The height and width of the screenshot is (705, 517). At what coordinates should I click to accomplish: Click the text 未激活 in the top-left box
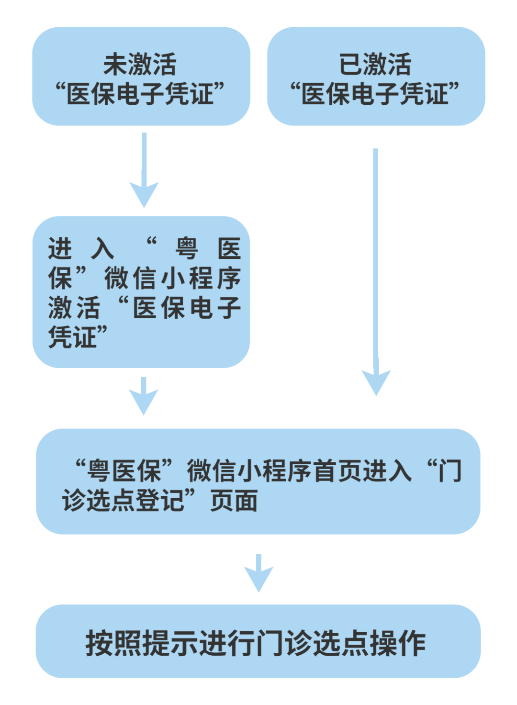(140, 65)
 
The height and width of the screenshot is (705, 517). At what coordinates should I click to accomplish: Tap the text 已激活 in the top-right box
(375, 65)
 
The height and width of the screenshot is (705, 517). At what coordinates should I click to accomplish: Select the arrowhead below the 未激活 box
(144, 193)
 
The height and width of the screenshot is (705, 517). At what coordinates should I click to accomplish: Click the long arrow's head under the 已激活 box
(376, 381)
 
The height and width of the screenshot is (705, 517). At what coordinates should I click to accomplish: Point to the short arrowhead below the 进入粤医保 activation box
(144, 401)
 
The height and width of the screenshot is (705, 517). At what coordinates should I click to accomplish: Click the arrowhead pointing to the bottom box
(258, 577)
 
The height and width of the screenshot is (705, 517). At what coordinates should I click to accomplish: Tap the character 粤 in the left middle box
(187, 249)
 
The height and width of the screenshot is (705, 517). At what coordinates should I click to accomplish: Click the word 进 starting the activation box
(60, 249)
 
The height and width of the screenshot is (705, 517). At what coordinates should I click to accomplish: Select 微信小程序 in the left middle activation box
(172, 279)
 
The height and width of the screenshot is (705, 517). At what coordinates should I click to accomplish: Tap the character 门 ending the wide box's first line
(450, 471)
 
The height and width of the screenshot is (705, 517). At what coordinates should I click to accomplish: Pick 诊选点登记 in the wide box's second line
(123, 501)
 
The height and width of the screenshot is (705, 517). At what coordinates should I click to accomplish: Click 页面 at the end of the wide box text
(234, 501)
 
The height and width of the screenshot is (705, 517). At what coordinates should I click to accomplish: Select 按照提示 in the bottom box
(142, 643)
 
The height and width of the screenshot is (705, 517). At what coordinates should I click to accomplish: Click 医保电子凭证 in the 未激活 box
(140, 94)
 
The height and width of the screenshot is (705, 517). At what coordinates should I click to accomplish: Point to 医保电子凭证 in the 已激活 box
(375, 94)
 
